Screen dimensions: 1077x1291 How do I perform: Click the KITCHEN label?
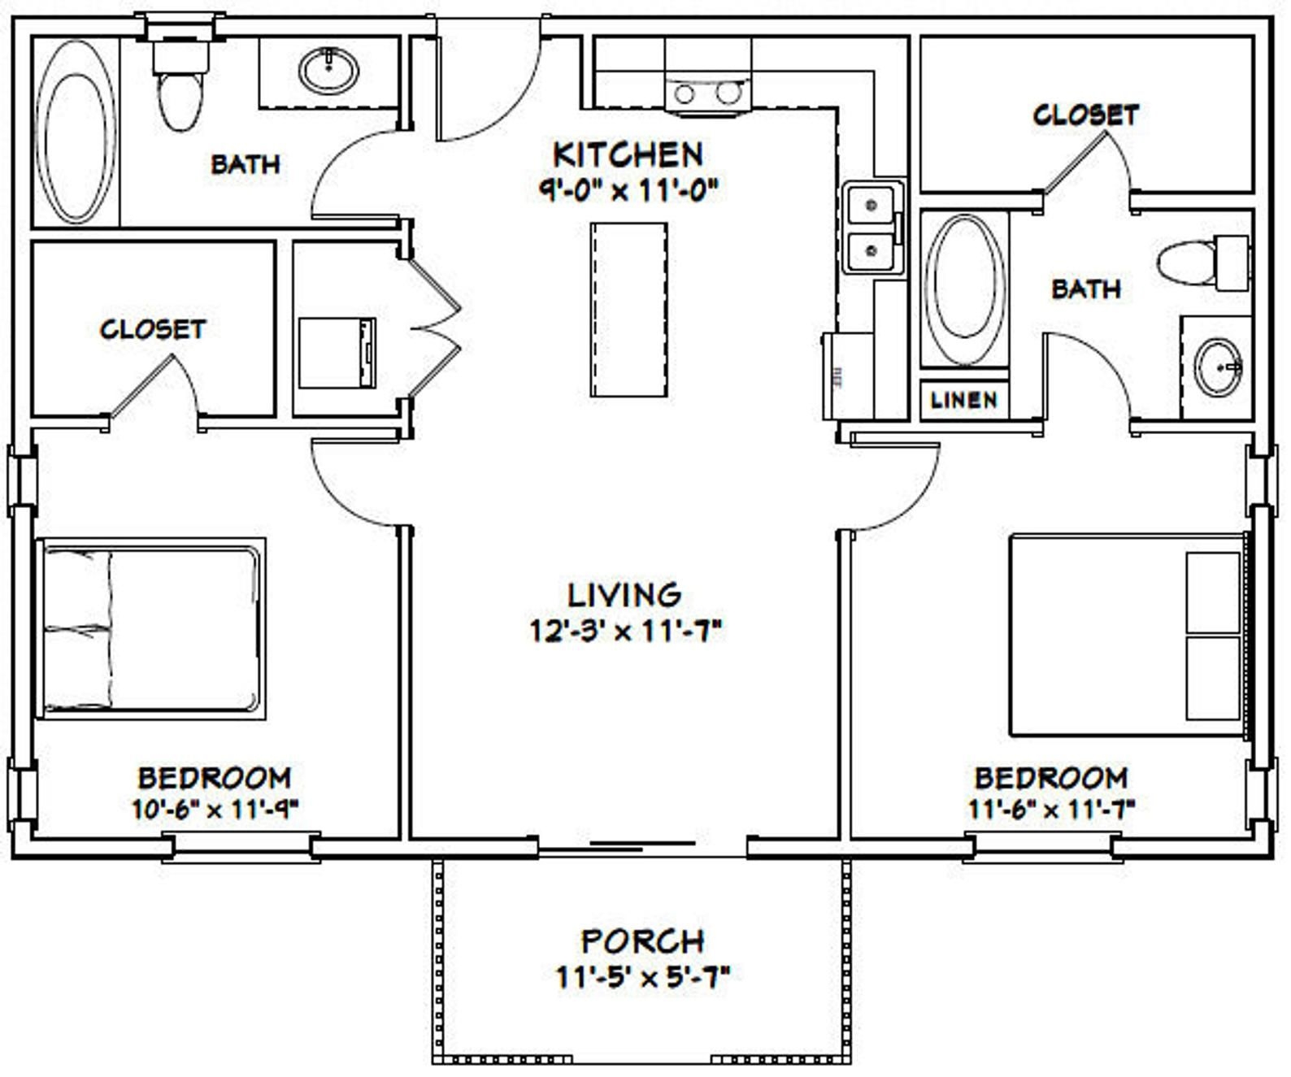pyautogui.click(x=628, y=154)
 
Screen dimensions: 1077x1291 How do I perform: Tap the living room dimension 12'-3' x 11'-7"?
pyautogui.click(x=625, y=631)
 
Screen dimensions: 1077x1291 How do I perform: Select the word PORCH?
pyautogui.click(x=642, y=941)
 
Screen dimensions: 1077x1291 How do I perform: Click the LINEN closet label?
pyautogui.click(x=963, y=400)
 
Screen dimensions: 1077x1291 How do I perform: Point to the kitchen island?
pyautogui.click(x=629, y=310)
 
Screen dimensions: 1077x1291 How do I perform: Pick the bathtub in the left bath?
pyautogui.click(x=75, y=132)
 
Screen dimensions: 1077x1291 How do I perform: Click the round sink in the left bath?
pyautogui.click(x=328, y=71)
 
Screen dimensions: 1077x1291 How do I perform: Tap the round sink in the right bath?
pyautogui.click(x=1217, y=367)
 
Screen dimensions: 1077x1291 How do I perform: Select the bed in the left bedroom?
pyautogui.click(x=152, y=628)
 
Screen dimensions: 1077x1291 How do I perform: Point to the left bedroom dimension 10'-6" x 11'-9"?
pyautogui.click(x=215, y=809)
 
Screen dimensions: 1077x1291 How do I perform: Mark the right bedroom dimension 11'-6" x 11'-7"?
pyautogui.click(x=1050, y=809)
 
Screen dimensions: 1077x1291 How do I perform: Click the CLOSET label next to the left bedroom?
pyautogui.click(x=153, y=329)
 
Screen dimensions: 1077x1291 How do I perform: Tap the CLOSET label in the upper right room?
pyautogui.click(x=1085, y=115)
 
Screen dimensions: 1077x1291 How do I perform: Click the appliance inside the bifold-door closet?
pyautogui.click(x=337, y=353)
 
